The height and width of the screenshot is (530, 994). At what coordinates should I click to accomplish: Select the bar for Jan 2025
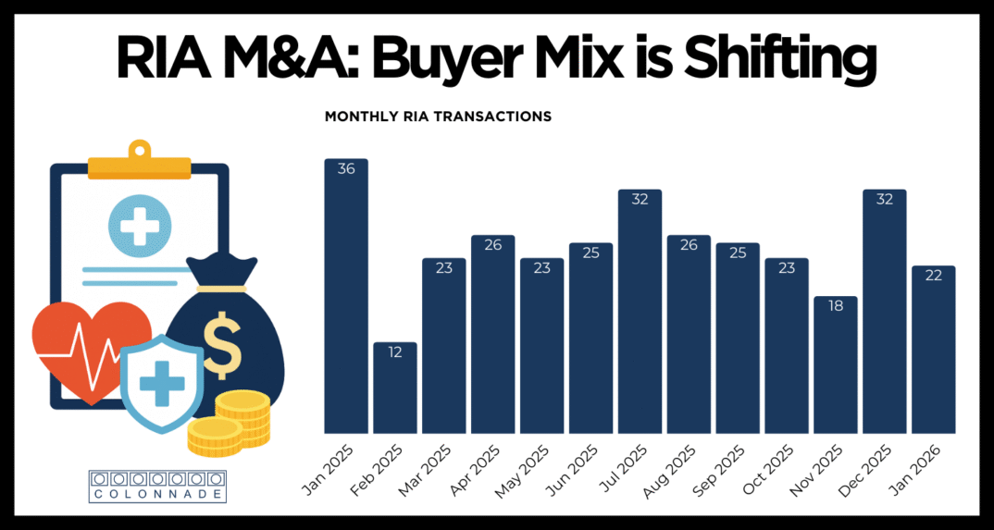[346, 296]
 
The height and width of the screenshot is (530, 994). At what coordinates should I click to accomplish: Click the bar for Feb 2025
[395, 388]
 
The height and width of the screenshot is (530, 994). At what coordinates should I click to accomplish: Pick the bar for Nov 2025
[835, 364]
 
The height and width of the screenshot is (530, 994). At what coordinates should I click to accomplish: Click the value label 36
[346, 169]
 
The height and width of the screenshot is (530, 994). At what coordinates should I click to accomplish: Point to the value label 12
[395, 353]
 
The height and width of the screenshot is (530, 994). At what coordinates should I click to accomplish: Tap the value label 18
[835, 307]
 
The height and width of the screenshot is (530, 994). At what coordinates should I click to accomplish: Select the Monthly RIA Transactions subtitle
[438, 117]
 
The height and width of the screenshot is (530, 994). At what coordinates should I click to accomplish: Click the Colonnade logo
[157, 486]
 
